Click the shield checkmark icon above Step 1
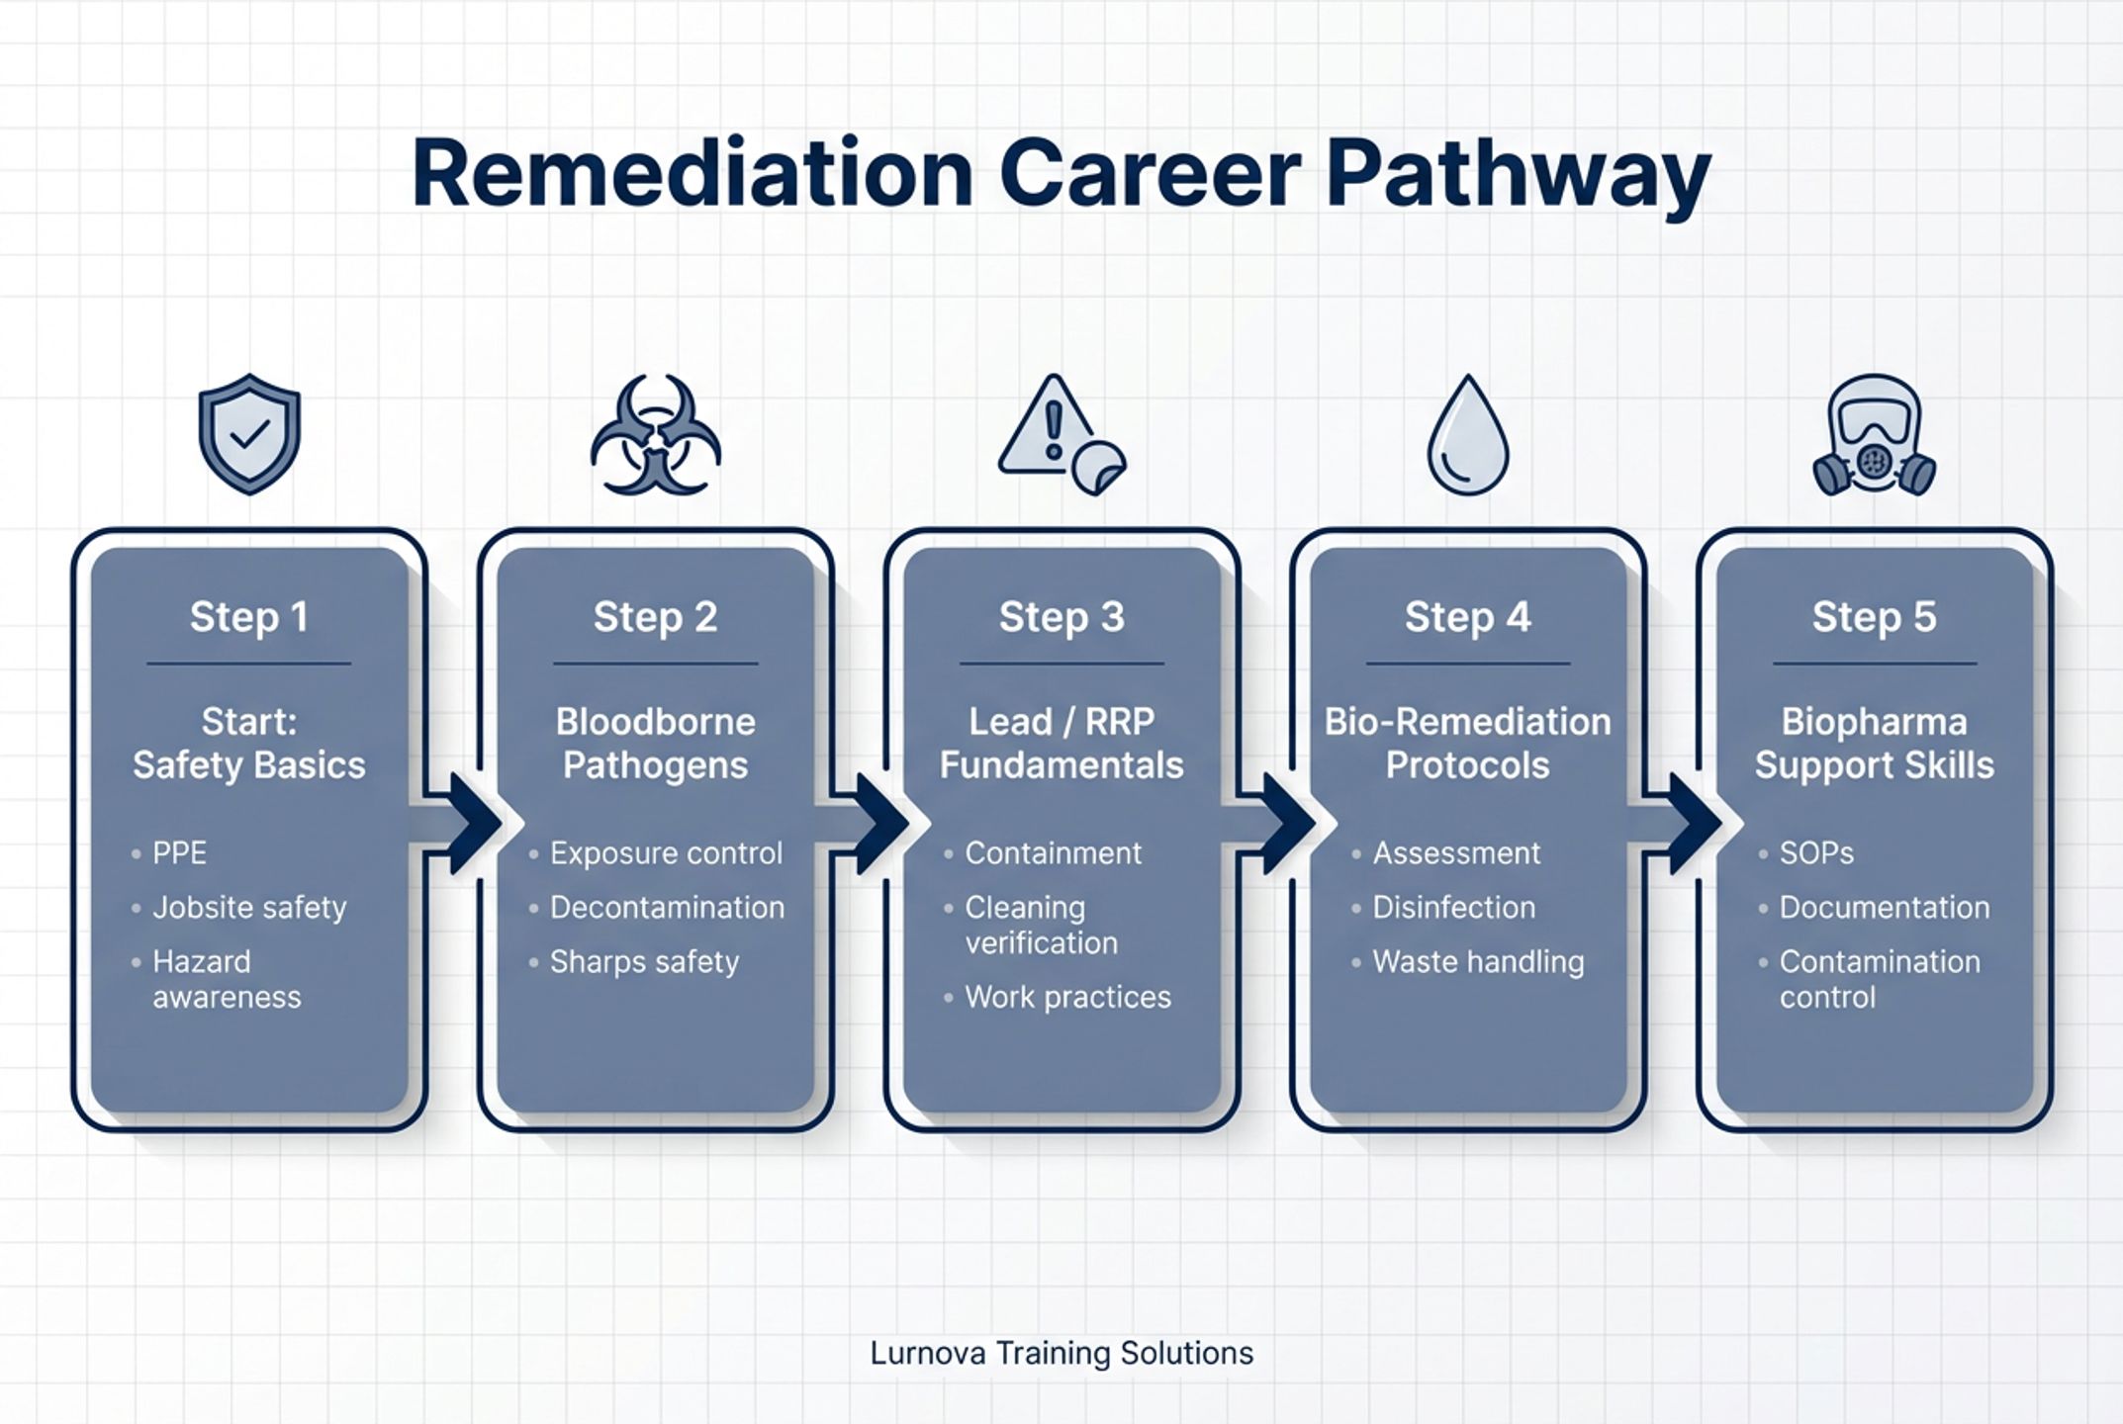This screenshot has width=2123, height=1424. (249, 434)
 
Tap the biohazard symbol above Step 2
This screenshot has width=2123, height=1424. (655, 435)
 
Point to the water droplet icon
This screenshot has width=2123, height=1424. (1468, 435)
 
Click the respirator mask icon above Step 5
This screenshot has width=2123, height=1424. (1874, 435)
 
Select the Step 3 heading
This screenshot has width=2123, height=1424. (1061, 617)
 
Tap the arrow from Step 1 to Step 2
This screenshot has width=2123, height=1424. (465, 823)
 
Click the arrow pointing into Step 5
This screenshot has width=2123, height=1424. (1685, 823)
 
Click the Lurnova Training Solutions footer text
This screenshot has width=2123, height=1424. (1061, 1353)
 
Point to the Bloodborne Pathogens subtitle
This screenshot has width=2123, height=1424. (656, 744)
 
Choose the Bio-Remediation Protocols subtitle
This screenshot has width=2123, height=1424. (1468, 744)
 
